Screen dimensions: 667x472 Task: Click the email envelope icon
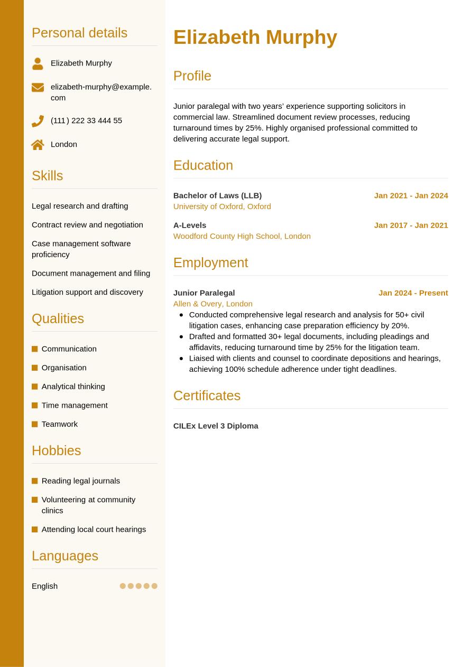coord(38,87)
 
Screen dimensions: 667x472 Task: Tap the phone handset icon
coord(38,121)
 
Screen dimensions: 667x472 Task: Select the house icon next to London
coord(38,145)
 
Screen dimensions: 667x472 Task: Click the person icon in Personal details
coord(38,63)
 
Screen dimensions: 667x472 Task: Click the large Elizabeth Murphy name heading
coord(255,37)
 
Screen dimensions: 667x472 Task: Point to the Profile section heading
coord(192,76)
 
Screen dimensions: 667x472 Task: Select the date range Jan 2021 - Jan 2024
coord(411,195)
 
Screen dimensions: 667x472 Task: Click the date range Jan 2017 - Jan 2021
coord(411,225)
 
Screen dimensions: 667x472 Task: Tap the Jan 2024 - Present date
coord(413,293)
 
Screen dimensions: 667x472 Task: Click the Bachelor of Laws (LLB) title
coord(217,195)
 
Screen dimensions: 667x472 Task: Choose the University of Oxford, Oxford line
coord(222,206)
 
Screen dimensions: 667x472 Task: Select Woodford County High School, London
coord(242,236)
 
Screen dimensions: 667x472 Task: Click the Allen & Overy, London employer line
coord(212,304)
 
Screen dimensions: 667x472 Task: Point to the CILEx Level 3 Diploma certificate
coord(216,426)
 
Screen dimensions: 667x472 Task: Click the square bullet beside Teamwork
coord(35,424)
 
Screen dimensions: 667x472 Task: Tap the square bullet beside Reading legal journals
coord(35,481)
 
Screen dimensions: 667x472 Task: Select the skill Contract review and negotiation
coord(87,224)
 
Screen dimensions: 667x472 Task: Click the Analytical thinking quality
coord(73,387)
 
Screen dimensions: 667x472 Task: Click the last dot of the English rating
coord(154,586)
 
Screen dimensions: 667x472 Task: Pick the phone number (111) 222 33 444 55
coord(86,120)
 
